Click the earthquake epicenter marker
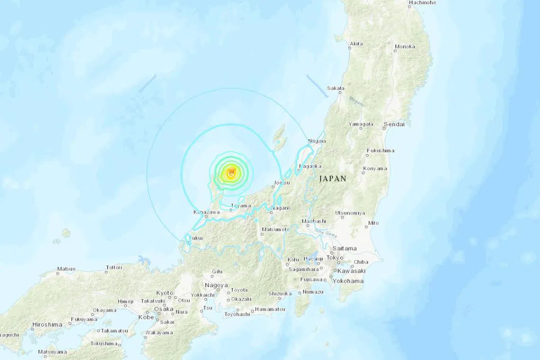point(231,173)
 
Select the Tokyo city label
point(334,258)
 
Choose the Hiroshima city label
point(47,324)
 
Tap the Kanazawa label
point(207,213)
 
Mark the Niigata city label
point(317,141)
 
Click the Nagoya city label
point(216,285)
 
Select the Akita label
point(356,44)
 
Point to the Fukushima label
point(380,151)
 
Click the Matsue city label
point(66,269)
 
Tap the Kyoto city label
point(165,293)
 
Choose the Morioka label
point(405,46)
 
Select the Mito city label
point(373,223)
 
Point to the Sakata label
point(335,88)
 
